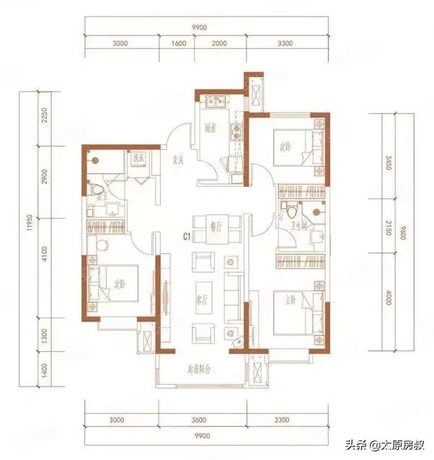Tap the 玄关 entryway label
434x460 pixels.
(x=177, y=160)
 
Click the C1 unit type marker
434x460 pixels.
(x=186, y=236)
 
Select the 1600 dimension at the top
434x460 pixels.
(x=180, y=44)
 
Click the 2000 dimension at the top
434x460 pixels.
(x=219, y=44)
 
